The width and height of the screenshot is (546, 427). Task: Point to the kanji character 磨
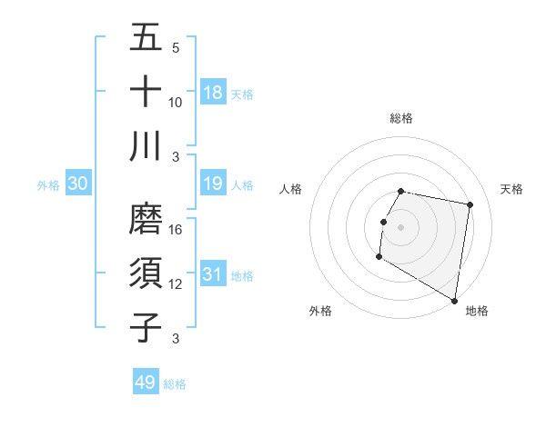pos(146,219)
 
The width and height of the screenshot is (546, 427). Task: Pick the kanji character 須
pos(146,273)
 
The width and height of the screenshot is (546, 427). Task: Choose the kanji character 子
pos(146,326)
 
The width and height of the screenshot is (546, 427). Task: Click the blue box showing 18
pos(213,93)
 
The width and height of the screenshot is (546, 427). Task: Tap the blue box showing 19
pos(213,184)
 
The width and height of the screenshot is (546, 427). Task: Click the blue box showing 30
pos(78,184)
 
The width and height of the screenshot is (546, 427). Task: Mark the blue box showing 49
pos(146,382)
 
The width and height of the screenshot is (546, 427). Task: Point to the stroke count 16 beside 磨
pos(177,230)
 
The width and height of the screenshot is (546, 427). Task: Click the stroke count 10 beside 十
pos(177,103)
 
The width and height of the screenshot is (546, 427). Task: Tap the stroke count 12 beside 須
pos(177,284)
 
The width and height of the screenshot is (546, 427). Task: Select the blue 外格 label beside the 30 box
pos(48,185)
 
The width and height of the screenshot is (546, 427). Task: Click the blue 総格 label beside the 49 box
pos(176,384)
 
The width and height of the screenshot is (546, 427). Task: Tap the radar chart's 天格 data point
pos(470,205)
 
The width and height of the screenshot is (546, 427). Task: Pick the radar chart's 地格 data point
pos(455,301)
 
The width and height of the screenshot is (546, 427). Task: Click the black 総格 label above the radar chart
pos(400,118)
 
